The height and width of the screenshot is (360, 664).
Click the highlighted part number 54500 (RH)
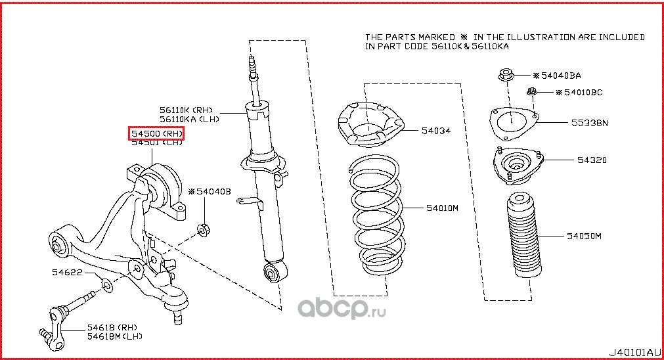156,134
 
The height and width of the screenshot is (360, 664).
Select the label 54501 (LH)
156,144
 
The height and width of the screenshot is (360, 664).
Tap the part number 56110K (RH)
186,110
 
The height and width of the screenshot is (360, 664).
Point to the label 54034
435,131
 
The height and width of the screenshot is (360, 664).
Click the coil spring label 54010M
441,208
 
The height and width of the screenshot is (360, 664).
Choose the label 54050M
584,235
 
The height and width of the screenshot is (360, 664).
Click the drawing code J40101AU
632,351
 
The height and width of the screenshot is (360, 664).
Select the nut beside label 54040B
204,229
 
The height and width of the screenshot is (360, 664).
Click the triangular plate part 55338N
514,123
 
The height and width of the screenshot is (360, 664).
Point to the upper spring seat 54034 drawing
369,124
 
